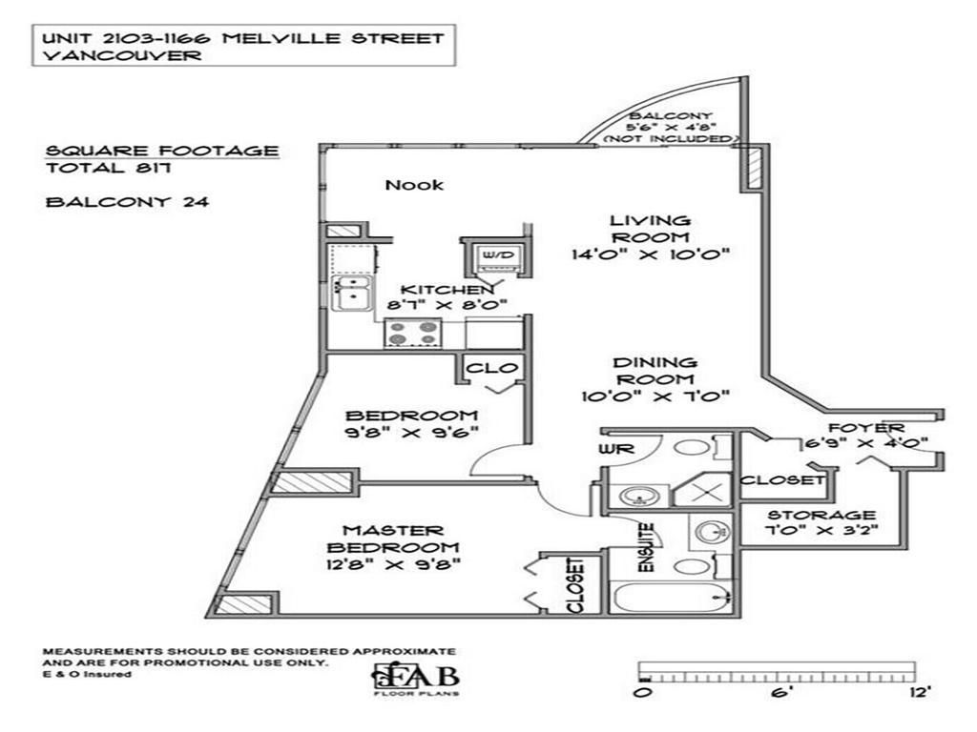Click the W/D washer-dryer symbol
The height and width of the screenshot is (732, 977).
(496, 255)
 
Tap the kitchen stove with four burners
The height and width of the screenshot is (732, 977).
(413, 334)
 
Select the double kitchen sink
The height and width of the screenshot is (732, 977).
(350, 294)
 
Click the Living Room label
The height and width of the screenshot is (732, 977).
(650, 229)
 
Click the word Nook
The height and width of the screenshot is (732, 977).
(414, 185)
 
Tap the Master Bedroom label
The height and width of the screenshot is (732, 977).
(393, 539)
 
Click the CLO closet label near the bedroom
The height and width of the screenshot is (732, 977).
(491, 368)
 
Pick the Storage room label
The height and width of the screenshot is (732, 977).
(822, 515)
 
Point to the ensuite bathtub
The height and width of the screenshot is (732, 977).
(670, 598)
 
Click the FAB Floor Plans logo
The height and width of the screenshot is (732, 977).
(416, 678)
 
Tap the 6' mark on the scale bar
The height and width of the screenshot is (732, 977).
(780, 694)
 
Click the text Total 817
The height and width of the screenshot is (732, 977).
(107, 169)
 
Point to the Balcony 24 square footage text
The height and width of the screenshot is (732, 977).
(127, 201)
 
